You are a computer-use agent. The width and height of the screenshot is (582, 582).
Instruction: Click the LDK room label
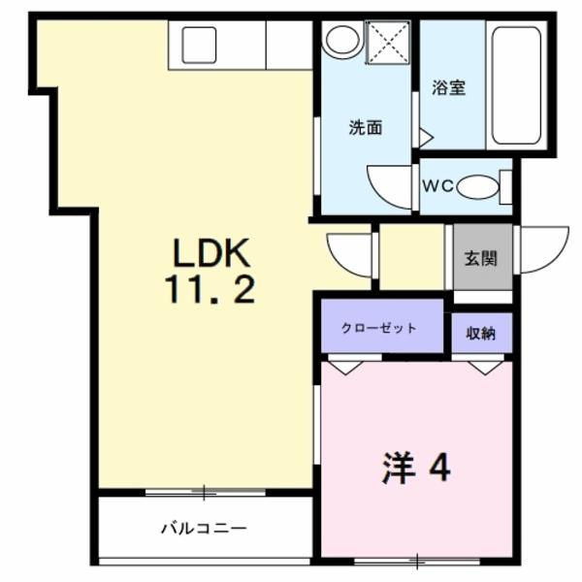point(211,253)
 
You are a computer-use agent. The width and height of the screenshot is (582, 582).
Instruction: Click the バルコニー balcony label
point(204,529)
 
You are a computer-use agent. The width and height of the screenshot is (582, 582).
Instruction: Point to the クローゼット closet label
point(379,329)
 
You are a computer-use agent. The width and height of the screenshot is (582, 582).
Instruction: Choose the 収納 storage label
point(480,334)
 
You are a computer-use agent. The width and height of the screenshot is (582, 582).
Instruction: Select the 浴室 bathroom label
point(448,87)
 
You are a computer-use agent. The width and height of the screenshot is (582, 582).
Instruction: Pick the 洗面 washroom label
point(365,126)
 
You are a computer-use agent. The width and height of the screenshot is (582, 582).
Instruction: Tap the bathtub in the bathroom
point(515,85)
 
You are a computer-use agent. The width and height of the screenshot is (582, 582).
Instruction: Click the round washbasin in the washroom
point(341,40)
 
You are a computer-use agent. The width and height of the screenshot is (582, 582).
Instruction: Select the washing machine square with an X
point(388,42)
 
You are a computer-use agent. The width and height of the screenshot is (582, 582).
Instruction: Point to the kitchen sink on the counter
point(199,44)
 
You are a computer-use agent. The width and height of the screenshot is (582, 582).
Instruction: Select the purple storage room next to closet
point(480,334)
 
